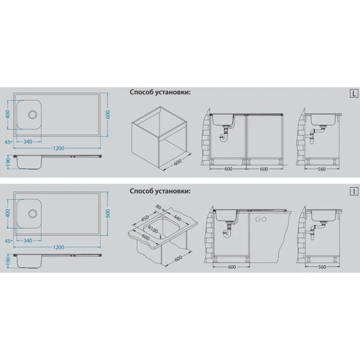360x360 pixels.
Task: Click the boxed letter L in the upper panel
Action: click(354, 94)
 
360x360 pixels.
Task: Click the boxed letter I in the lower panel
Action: click(354, 191)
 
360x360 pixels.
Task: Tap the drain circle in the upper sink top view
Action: click(32, 115)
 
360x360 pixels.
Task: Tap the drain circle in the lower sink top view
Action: click(32, 213)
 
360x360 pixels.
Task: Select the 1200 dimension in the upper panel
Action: click(59, 148)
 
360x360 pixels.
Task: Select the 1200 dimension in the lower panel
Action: click(59, 247)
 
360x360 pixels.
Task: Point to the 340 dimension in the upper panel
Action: click(28, 142)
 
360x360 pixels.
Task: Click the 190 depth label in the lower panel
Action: click(8, 261)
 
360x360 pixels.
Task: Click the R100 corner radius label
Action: click(153, 229)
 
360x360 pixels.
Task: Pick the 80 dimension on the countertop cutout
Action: click(158, 206)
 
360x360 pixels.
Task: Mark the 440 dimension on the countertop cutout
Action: click(177, 217)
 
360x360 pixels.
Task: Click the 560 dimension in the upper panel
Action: click(322, 169)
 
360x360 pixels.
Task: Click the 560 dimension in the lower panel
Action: click(322, 267)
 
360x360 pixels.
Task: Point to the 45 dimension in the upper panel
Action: click(8, 142)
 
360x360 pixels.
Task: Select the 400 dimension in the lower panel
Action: click(8, 213)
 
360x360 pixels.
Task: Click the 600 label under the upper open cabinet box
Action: click(178, 162)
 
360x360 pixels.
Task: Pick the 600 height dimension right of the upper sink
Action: click(108, 115)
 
